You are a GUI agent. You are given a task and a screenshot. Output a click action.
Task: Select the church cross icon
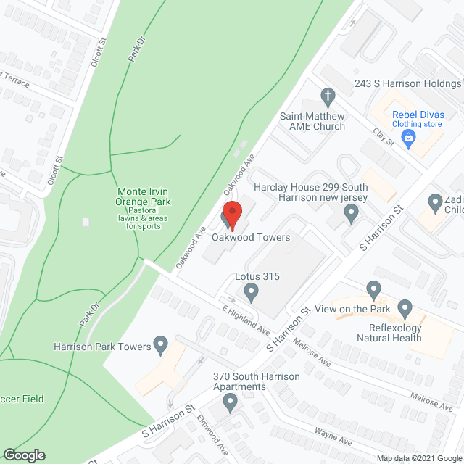coord(328,96)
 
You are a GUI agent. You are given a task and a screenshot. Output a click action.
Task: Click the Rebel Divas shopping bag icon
coord(409,136)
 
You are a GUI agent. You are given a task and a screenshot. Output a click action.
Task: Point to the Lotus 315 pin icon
coord(251,293)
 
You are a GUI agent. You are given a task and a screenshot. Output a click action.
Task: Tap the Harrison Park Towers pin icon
coord(161,344)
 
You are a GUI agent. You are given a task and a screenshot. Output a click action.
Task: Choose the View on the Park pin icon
coord(374,291)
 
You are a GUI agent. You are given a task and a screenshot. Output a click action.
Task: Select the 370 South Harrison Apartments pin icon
coord(231,401)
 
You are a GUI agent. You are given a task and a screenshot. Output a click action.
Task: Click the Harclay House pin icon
coord(352,213)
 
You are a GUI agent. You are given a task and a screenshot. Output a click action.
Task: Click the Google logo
coord(24,455)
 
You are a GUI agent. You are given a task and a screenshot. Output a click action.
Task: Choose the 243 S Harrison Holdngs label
coord(407,83)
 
